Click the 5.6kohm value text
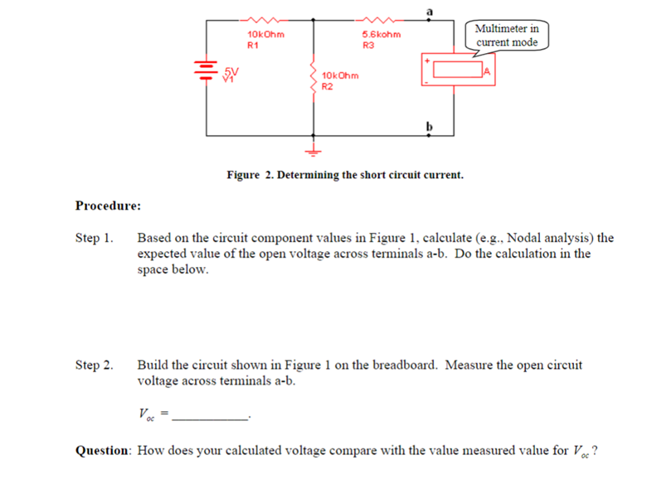coord(382,35)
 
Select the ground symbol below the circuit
coord(314,150)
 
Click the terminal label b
coord(430,125)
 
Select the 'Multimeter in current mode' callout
coord(507,36)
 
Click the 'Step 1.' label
coord(94,239)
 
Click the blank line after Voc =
coord(212,418)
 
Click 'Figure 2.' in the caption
coord(251,176)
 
